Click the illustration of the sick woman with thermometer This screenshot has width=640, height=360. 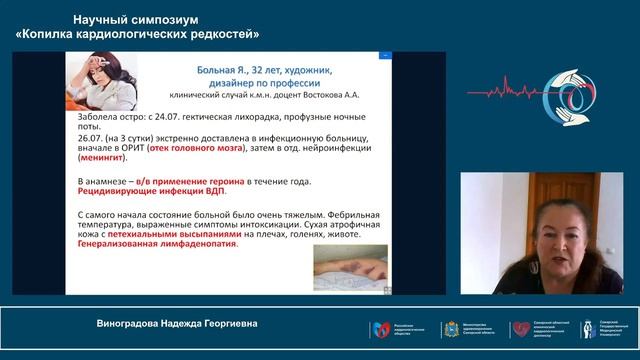[105, 84]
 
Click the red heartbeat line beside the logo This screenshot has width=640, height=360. [505, 93]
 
